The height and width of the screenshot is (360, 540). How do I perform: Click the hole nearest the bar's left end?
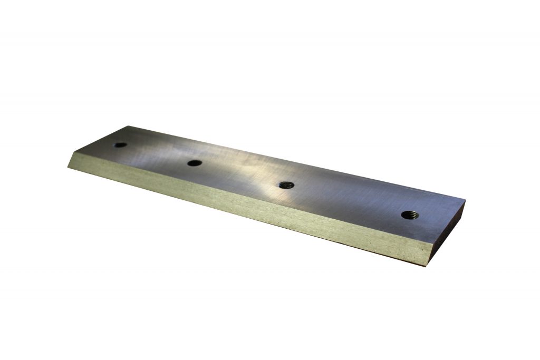120,144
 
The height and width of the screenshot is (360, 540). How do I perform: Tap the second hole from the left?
195,163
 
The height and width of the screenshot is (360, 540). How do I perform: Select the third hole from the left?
286,184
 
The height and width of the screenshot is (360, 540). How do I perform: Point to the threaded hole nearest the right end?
409,214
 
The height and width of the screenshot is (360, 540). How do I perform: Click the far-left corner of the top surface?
129,126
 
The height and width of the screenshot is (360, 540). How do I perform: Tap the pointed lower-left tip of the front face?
68,167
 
